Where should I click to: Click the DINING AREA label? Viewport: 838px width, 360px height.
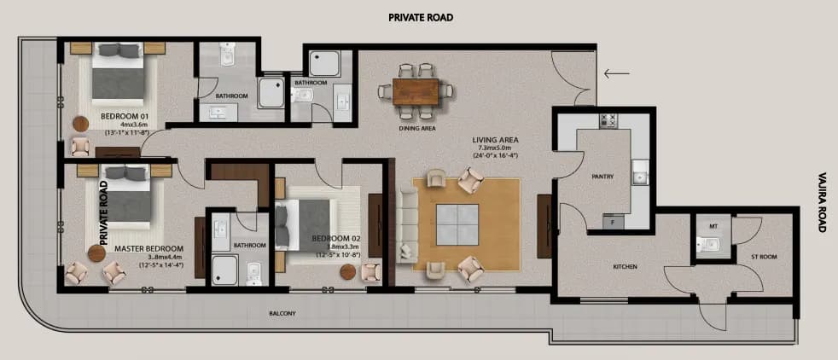(417, 129)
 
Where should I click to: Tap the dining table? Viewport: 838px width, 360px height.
(420, 89)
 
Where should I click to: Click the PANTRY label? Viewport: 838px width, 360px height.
(603, 177)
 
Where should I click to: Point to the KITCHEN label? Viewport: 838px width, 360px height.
(625, 267)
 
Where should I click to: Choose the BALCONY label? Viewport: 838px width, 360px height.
(282, 313)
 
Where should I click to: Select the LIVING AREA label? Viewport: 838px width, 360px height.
(496, 140)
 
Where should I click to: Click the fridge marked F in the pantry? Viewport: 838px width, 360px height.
(612, 222)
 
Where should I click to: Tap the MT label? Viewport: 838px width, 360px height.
(713, 227)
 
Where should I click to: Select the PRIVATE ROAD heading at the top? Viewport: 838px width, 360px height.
(420, 17)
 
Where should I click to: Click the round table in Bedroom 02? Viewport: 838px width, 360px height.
(347, 271)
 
